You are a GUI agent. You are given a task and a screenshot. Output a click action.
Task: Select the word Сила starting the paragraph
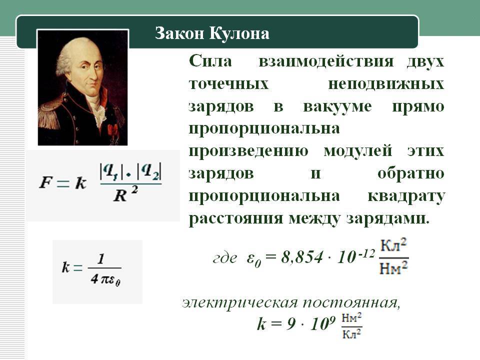[210, 62]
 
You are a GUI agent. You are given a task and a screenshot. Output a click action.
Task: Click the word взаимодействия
[324, 62]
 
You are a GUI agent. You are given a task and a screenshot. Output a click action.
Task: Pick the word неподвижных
[386, 84]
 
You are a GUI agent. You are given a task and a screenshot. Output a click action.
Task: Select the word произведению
[248, 151]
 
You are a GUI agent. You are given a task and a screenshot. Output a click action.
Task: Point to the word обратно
[411, 173]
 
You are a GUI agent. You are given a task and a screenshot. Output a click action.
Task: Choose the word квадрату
[406, 195]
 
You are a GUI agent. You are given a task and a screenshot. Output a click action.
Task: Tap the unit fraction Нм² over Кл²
[352, 325]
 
